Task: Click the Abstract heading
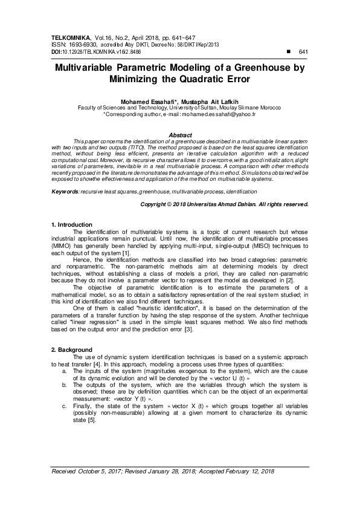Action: pyautogui.click(x=180, y=134)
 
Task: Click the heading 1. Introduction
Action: pyautogui.click(x=71, y=225)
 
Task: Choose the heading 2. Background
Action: pyautogui.click(x=71, y=349)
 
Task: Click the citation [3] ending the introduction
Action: pyautogui.click(x=188, y=329)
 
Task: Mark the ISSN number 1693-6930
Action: pyautogui.click(x=83, y=45)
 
